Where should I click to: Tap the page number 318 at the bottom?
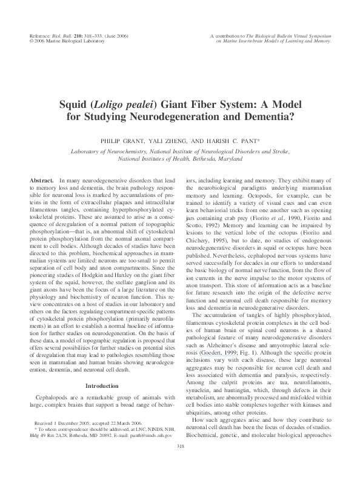coord(179,464)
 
